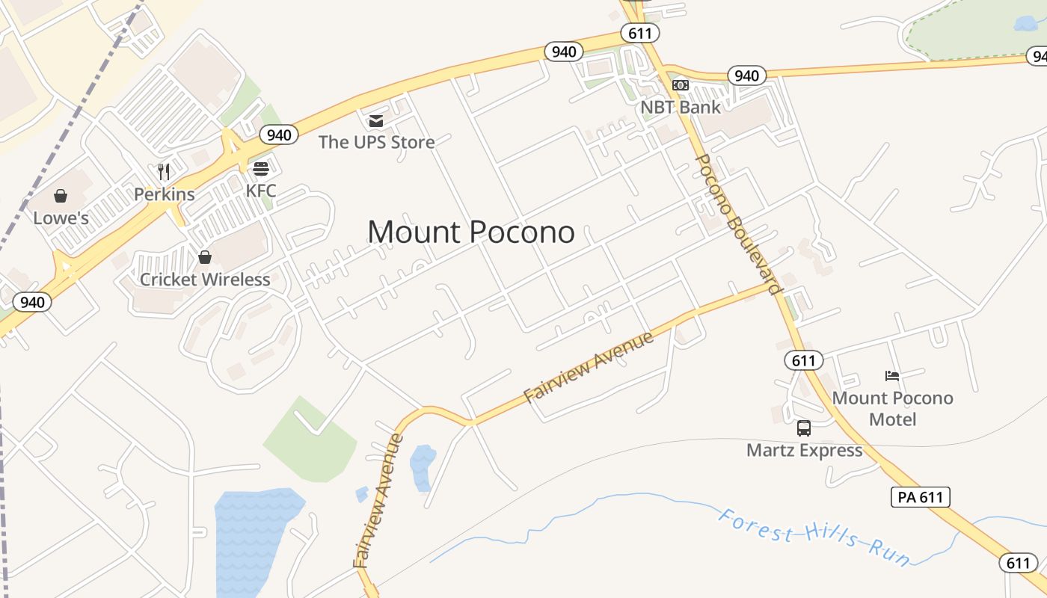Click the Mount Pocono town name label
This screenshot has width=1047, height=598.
tap(471, 232)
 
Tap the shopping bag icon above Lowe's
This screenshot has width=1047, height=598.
tap(61, 196)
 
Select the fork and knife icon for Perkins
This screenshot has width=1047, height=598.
tap(164, 172)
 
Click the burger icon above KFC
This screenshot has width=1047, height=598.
tap(260, 168)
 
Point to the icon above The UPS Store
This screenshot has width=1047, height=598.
tap(375, 120)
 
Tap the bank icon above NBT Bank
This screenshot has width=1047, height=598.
tap(680, 85)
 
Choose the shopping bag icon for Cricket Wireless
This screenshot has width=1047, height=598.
tap(204, 257)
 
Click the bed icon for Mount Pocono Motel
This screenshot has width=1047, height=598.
tap(891, 375)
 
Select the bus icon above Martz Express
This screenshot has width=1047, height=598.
tap(804, 428)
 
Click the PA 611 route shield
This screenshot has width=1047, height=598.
tap(920, 497)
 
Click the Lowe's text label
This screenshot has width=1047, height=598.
tap(61, 218)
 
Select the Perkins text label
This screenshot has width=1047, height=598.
tap(165, 194)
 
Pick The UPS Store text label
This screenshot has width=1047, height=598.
tap(376, 142)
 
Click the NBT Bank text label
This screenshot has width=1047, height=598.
tap(681, 107)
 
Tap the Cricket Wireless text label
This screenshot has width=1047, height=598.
tap(205, 280)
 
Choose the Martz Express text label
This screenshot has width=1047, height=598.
tap(804, 451)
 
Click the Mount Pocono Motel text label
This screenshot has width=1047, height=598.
tap(892, 408)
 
